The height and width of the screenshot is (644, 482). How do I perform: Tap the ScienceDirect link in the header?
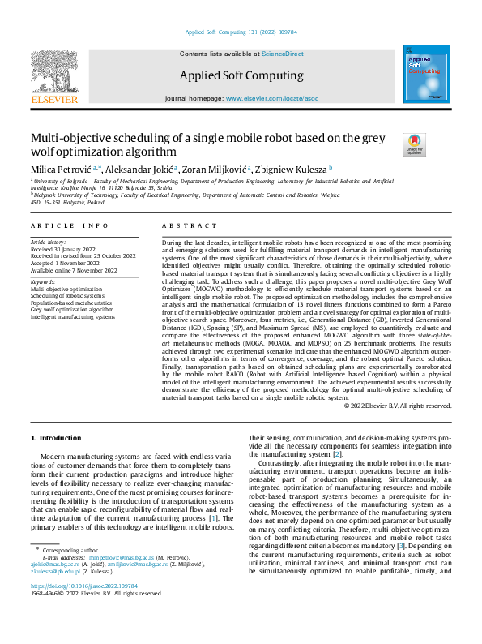[x=282, y=53]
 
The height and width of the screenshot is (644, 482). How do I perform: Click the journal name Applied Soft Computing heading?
[x=242, y=75]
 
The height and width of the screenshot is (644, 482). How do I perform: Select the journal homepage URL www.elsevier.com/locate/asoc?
[x=271, y=97]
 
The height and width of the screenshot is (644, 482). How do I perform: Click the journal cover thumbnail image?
[x=426, y=74]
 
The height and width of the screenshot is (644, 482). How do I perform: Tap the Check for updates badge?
[x=414, y=144]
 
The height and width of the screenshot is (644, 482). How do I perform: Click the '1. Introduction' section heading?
[x=56, y=438]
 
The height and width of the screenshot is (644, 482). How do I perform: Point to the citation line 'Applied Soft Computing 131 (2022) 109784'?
[x=241, y=32]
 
